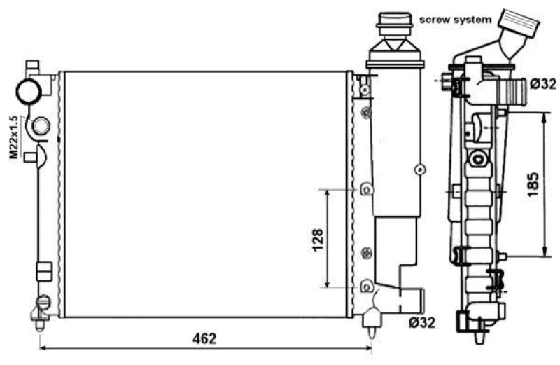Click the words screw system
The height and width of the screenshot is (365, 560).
(455, 19)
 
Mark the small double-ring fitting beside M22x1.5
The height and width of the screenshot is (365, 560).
(41, 126)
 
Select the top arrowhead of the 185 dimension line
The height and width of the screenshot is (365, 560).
(545, 115)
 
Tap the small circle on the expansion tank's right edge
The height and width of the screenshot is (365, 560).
(419, 168)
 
